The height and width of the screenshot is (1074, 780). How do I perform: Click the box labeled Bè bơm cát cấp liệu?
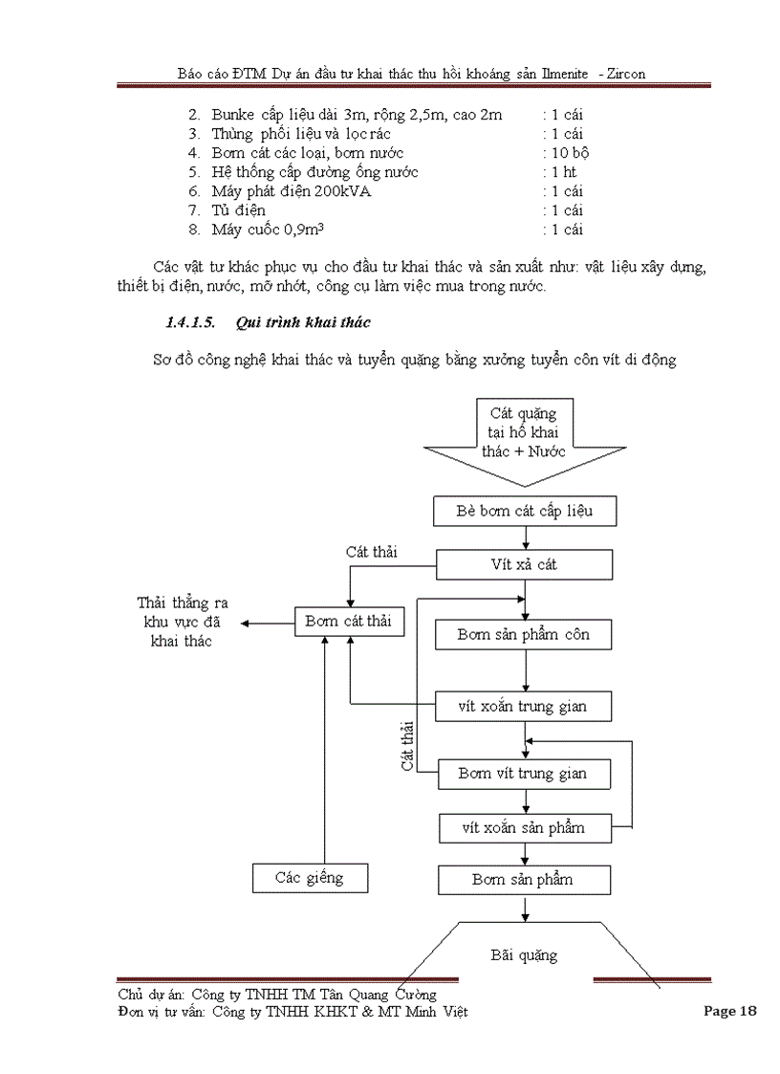point(525,511)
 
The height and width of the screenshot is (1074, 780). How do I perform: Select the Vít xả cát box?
point(525,564)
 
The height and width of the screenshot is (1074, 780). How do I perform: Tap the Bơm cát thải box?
point(348,621)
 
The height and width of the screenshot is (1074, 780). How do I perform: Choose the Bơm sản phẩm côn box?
point(523,635)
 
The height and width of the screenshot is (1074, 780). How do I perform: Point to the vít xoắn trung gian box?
point(523,707)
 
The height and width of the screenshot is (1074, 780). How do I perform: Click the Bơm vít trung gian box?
point(523,774)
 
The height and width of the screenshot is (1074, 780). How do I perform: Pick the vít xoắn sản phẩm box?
point(523,827)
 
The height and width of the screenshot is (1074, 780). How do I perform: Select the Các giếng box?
point(309,877)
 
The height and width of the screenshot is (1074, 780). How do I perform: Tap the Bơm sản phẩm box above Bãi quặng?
point(523,879)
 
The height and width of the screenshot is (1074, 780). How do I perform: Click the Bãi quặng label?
point(524,954)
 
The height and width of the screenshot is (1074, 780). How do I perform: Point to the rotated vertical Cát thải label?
point(407,747)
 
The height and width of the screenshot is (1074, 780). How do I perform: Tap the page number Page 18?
point(729,1011)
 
